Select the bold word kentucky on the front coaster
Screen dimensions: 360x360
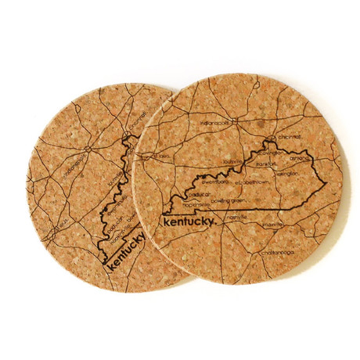(186, 225)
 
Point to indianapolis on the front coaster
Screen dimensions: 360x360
(213, 122)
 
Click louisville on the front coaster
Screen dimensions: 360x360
(232, 163)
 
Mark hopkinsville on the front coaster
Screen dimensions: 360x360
(178, 205)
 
